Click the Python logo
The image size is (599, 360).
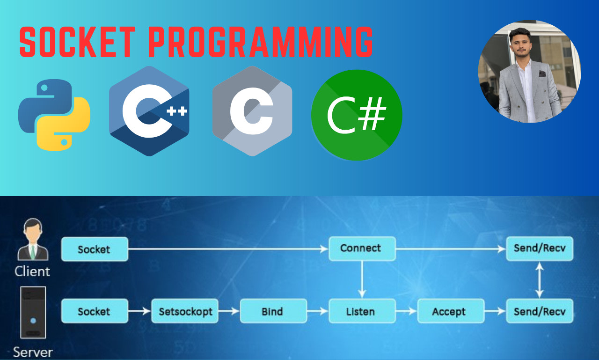pyautogui.click(x=54, y=115)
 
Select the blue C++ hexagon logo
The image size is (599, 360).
pyautogui.click(x=149, y=111)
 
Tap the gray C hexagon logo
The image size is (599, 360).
pyautogui.click(x=252, y=111)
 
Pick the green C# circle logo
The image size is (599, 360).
pyautogui.click(x=357, y=115)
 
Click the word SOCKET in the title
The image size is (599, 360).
pyautogui.click(x=78, y=42)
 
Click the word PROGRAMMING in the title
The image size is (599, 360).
pyautogui.click(x=261, y=42)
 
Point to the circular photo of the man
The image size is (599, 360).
pyautogui.click(x=529, y=72)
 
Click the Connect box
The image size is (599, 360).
pyautogui.click(x=362, y=249)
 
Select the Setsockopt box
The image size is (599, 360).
pyautogui.click(x=185, y=311)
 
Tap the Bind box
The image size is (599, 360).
pyautogui.click(x=273, y=311)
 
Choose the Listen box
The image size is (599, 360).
pyautogui.click(x=362, y=311)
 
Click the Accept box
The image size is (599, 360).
pyautogui.click(x=451, y=311)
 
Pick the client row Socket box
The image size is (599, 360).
pyautogui.click(x=95, y=249)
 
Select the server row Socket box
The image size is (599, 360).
pyautogui.click(x=95, y=311)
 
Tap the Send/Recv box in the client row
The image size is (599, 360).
pyautogui.click(x=540, y=249)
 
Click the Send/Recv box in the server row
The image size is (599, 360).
pyautogui.click(x=540, y=311)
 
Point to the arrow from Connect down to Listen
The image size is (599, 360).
pyautogui.click(x=362, y=279)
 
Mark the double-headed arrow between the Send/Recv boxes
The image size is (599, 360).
pyautogui.click(x=540, y=280)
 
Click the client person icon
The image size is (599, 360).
pyautogui.click(x=33, y=239)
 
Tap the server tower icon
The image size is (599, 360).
pyautogui.click(x=33, y=313)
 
